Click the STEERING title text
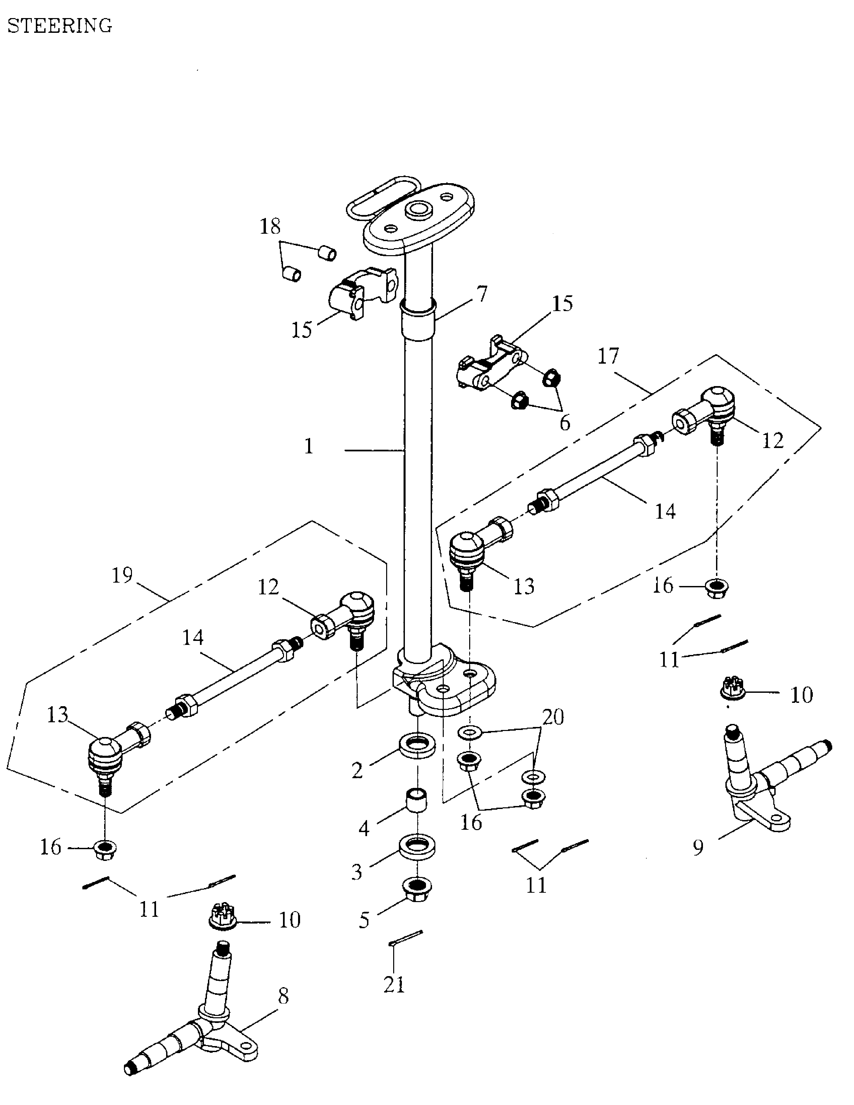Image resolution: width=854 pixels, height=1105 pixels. coord(60,26)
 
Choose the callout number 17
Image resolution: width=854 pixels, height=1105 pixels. coord(608,356)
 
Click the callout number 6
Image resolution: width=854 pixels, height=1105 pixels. coord(565,423)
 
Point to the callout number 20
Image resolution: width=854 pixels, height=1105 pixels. coord(553,718)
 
